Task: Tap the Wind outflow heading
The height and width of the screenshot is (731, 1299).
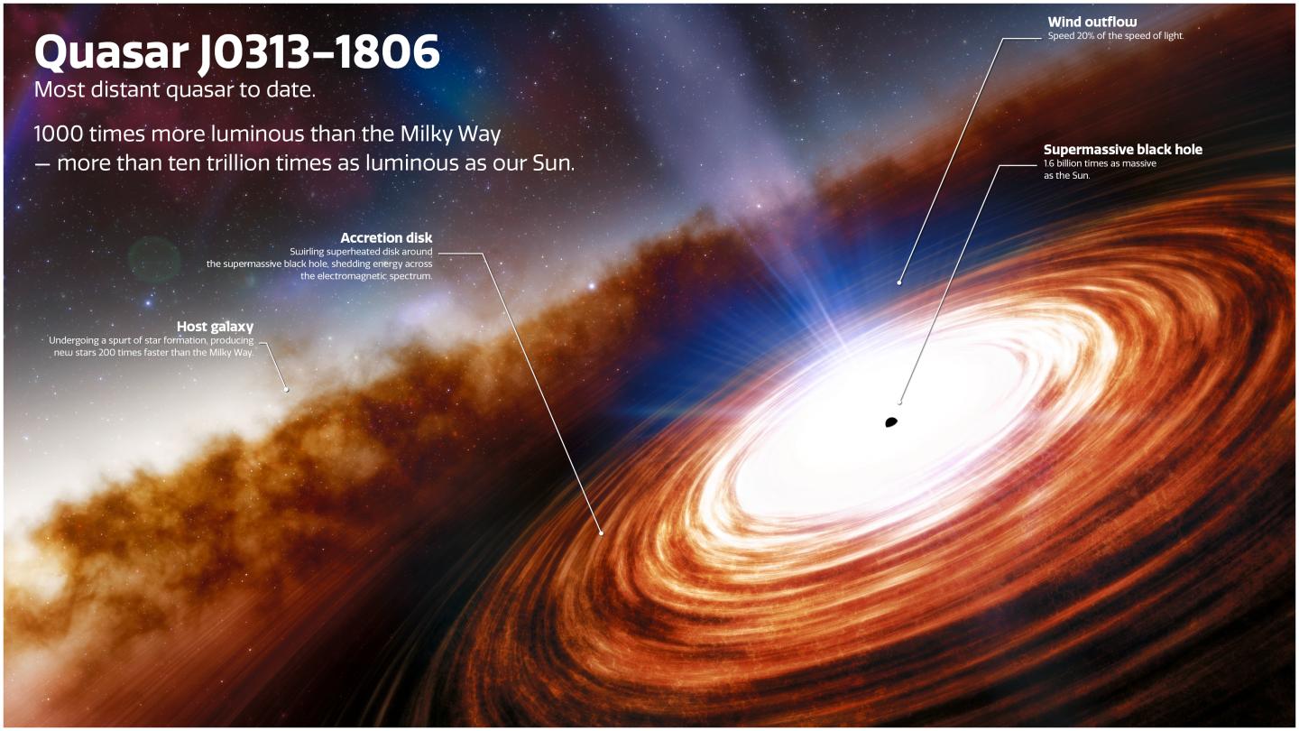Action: pos(1092,22)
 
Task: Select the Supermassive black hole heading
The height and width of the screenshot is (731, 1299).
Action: pos(1123,150)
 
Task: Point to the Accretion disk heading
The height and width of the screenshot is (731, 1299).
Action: pos(386,238)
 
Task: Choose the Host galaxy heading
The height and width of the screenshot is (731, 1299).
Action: pos(216,327)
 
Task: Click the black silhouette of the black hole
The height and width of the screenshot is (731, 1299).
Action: pos(890,421)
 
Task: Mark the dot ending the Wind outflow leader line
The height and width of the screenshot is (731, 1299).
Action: pos(899,282)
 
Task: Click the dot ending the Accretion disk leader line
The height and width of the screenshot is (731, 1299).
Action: pos(602,532)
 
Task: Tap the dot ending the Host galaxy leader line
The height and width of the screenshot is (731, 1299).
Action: pos(286,390)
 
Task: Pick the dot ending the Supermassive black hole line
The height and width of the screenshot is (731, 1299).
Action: pos(899,403)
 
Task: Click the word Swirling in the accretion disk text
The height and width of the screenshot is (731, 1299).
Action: pos(308,251)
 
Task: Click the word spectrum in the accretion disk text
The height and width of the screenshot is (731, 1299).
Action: pos(413,276)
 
